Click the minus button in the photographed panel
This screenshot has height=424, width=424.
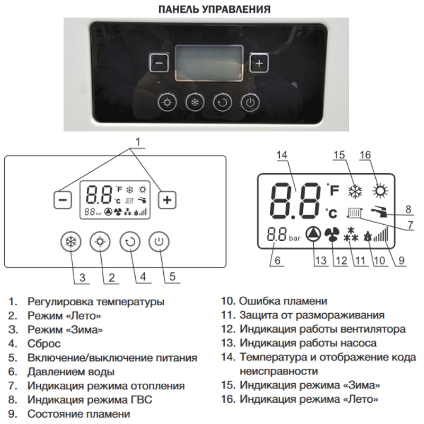tap(159, 63)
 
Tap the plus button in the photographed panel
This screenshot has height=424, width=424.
tap(259, 63)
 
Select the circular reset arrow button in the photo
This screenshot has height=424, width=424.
tap(223, 102)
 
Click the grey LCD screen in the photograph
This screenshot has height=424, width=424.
tap(209, 63)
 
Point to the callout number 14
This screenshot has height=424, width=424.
tap(282, 155)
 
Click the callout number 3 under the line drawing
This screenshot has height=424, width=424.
tap(82, 277)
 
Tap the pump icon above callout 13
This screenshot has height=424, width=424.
tap(313, 234)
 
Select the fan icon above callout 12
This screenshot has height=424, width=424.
tap(332, 234)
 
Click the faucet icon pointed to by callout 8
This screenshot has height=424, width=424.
tap(379, 211)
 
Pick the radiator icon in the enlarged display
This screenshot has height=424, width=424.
tap(355, 213)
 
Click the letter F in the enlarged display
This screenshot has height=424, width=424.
tap(334, 190)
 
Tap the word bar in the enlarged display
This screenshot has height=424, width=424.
tap(295, 238)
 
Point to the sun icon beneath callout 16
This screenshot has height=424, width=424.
tap(380, 191)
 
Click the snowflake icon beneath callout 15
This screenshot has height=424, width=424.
tap(355, 191)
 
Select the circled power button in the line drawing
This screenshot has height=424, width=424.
tap(159, 242)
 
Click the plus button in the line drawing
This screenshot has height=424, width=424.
tap(167, 200)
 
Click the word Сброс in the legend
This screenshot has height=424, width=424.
tap(44, 343)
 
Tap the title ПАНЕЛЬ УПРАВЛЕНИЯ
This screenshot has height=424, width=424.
tap(215, 10)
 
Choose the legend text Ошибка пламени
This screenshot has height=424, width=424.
tap(283, 301)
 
